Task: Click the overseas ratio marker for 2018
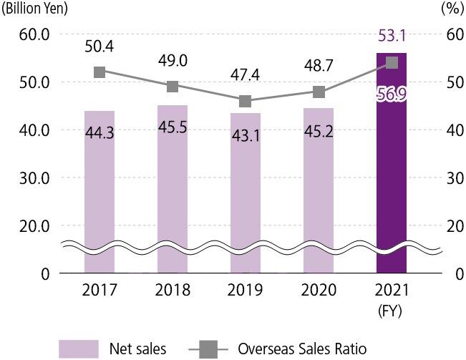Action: point(173,87)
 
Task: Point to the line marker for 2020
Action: point(319,92)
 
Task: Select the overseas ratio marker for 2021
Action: point(392,62)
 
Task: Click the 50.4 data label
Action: point(99,47)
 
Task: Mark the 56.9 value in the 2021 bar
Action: point(392,95)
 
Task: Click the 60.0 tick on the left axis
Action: point(34,34)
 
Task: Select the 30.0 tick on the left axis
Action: point(34,177)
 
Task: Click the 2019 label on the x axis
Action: point(246,291)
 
